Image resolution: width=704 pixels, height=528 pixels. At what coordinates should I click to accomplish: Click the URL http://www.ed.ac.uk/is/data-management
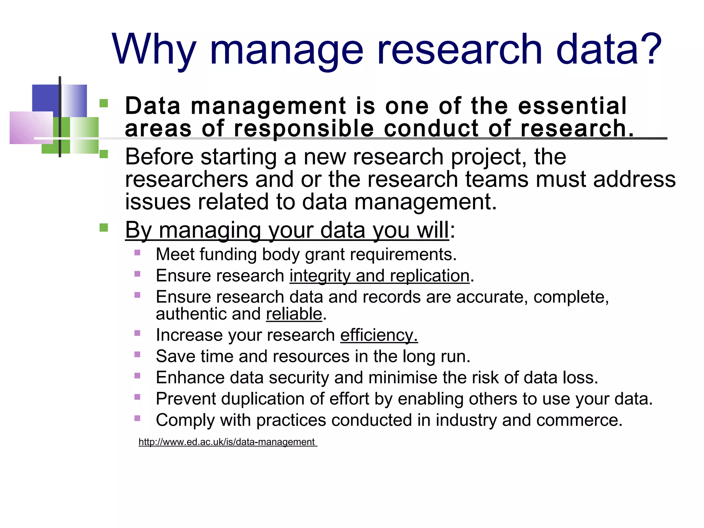coord(227,442)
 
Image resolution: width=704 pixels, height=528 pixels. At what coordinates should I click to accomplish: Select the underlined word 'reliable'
coord(294,314)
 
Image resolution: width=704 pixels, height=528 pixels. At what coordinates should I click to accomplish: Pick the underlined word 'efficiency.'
coord(379,335)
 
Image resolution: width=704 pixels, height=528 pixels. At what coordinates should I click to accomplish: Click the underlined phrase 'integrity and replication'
coord(379,276)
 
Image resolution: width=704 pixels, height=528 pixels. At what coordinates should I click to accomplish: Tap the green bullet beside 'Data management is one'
coord(103,103)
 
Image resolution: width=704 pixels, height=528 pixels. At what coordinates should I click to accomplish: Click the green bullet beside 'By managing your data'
coord(103,228)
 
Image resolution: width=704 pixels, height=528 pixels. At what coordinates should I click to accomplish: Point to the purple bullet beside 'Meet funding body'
coord(137,253)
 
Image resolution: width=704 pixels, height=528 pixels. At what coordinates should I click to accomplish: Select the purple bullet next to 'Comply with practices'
coord(137,418)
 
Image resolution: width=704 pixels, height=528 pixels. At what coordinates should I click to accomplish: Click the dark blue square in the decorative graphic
coord(45,100)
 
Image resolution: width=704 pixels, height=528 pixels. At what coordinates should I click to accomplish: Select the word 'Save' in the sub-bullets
coord(175,356)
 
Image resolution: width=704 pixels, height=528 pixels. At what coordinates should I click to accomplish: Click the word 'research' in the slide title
coord(460,50)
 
